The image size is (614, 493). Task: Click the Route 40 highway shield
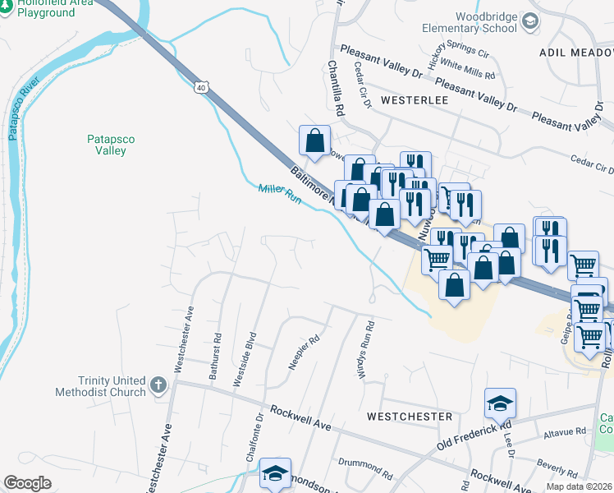click(201, 85)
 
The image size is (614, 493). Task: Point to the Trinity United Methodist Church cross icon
click(158, 385)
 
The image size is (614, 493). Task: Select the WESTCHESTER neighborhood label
click(410, 417)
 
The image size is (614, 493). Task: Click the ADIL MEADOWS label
click(575, 52)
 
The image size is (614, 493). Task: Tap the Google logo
click(28, 482)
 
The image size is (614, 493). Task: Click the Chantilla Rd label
click(336, 86)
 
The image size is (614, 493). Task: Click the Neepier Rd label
click(304, 352)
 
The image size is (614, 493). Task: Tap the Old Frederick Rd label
click(467, 437)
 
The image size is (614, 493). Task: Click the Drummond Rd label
click(365, 472)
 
